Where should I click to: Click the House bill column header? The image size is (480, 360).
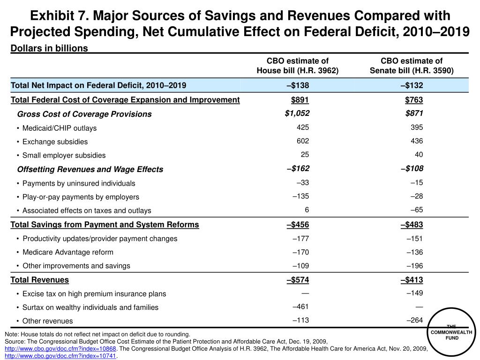tap(298, 66)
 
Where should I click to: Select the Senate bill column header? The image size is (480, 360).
tap(412, 66)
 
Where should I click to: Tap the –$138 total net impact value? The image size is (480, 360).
tap(298, 85)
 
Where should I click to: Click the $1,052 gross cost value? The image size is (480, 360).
tap(297, 113)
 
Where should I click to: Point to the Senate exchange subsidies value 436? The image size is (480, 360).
tap(417, 141)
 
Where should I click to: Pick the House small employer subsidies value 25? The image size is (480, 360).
tap(305, 155)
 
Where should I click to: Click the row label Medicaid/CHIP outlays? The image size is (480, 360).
tap(60, 128)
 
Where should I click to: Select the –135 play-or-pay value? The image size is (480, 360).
tap(300, 196)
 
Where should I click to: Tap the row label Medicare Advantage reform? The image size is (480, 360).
tap(68, 252)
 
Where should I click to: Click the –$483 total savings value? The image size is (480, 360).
tap(412, 225)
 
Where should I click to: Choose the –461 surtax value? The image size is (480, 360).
tap(300, 307)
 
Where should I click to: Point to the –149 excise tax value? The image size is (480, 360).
tap(414, 293)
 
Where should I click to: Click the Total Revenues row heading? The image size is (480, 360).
tap(40, 280)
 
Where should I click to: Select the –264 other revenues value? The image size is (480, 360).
tap(414, 320)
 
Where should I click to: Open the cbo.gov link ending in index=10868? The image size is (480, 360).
tap(60, 349)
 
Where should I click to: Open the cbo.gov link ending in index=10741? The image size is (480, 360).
tap(60, 356)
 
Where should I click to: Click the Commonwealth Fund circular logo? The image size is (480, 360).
tap(452, 332)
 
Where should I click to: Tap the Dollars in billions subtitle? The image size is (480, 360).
tap(49, 48)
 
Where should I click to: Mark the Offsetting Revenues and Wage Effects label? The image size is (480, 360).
tap(90, 169)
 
